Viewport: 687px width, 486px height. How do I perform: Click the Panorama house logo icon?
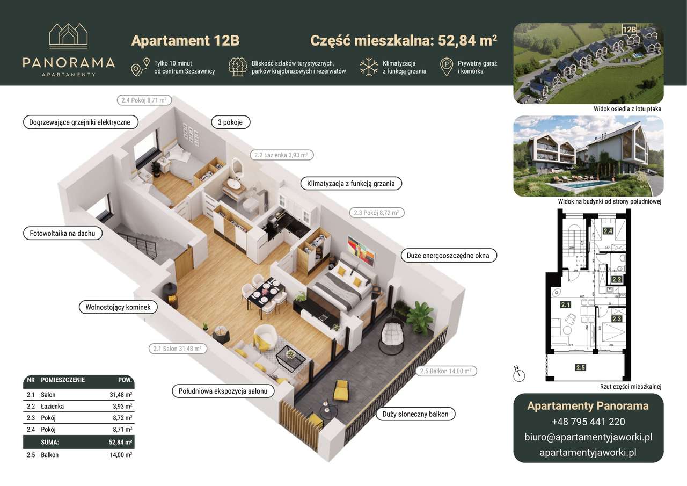point(69,36)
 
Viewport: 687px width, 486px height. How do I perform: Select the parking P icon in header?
point(446,67)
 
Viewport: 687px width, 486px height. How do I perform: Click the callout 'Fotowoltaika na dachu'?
point(62,234)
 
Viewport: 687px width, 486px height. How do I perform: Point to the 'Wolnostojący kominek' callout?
point(118,308)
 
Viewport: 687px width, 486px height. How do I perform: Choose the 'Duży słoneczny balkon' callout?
point(415,414)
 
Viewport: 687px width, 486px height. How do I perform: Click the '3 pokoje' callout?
point(231,122)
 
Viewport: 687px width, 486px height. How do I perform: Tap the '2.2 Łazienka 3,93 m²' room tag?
point(281,155)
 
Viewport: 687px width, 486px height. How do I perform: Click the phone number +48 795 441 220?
point(588,422)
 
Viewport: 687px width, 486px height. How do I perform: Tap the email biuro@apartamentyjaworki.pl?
point(588,437)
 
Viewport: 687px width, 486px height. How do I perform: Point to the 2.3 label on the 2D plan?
point(616,319)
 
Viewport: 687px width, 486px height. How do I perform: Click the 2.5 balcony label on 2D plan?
point(580,368)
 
